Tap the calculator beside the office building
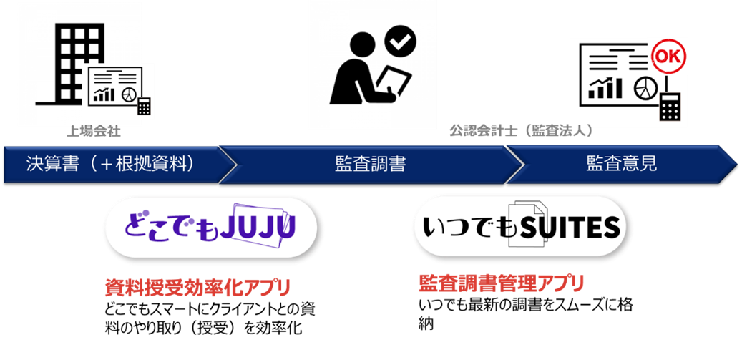145,106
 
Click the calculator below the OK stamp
669,107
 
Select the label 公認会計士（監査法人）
521,131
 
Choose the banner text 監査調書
370,164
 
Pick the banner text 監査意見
621,164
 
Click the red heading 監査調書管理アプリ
501,282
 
